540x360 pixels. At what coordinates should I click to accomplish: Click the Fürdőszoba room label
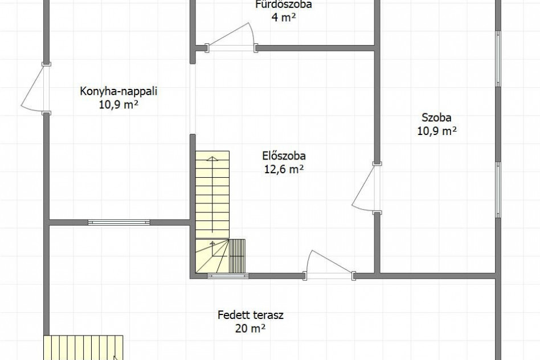(284, 5)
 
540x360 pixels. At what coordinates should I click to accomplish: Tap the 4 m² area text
(284, 17)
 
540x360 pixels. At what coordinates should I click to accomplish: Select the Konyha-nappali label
(118, 92)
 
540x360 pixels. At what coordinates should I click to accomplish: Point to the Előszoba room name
(284, 156)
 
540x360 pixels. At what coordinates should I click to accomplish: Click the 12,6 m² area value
(284, 169)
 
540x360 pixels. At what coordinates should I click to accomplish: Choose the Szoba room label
(437, 118)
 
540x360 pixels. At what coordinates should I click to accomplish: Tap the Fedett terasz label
(251, 315)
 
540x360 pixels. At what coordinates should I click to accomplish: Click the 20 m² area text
(251, 329)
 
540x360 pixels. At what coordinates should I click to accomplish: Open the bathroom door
(231, 38)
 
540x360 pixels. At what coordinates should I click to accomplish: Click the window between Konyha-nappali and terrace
(119, 223)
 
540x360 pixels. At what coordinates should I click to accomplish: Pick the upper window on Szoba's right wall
(498, 59)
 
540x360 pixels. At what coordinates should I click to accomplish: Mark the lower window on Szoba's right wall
(498, 190)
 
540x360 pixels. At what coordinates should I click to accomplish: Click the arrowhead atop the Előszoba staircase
(212, 159)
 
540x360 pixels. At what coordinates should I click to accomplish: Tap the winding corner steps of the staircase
(212, 256)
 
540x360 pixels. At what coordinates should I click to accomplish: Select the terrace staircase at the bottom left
(83, 347)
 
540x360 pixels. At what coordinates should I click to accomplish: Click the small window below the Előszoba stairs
(228, 276)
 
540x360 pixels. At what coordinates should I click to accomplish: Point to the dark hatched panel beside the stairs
(237, 256)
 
